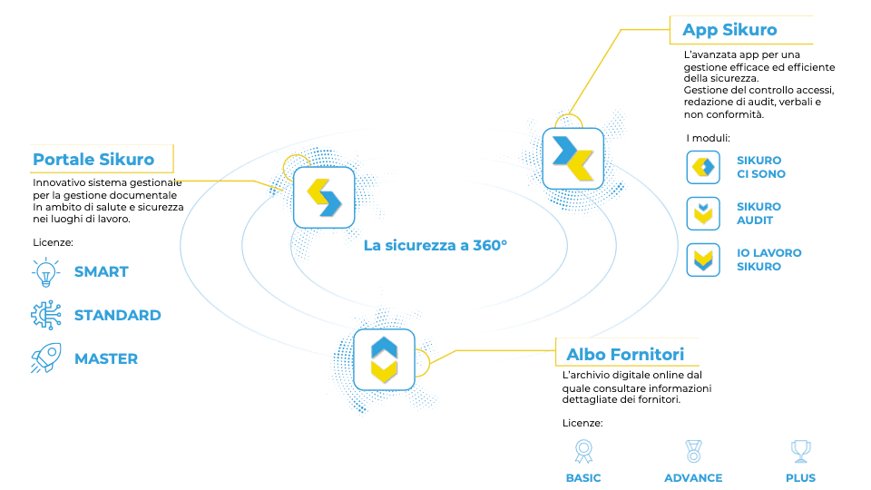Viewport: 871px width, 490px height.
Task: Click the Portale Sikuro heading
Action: tap(93, 160)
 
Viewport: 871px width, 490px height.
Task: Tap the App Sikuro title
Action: tap(729, 30)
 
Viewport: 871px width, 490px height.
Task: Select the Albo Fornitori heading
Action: tap(625, 355)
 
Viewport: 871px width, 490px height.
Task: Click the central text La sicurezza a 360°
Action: tap(435, 246)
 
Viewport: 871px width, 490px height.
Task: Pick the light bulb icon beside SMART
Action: tap(46, 272)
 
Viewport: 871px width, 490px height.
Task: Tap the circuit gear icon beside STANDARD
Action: tap(46, 315)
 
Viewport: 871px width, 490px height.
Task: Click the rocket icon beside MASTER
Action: tap(46, 358)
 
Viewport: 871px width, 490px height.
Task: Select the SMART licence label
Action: tap(101, 271)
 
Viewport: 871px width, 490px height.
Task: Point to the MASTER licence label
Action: tap(106, 359)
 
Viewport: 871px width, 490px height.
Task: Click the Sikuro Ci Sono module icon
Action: tap(703, 167)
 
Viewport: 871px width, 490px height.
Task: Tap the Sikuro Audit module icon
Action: tap(703, 213)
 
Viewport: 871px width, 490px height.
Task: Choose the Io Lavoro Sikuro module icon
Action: tap(703, 260)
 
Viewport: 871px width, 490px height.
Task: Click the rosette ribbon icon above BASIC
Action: tap(583, 451)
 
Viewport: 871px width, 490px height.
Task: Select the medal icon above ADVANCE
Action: tap(693, 451)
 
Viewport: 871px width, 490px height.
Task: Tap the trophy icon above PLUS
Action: tap(800, 451)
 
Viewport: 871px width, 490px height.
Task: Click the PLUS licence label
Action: tap(800, 478)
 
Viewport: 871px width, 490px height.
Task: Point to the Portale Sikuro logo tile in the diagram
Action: tap(324, 197)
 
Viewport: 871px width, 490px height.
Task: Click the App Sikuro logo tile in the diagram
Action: tap(573, 158)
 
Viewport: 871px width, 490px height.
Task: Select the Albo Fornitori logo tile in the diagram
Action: tap(384, 359)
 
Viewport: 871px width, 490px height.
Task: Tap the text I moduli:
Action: tap(708, 138)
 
